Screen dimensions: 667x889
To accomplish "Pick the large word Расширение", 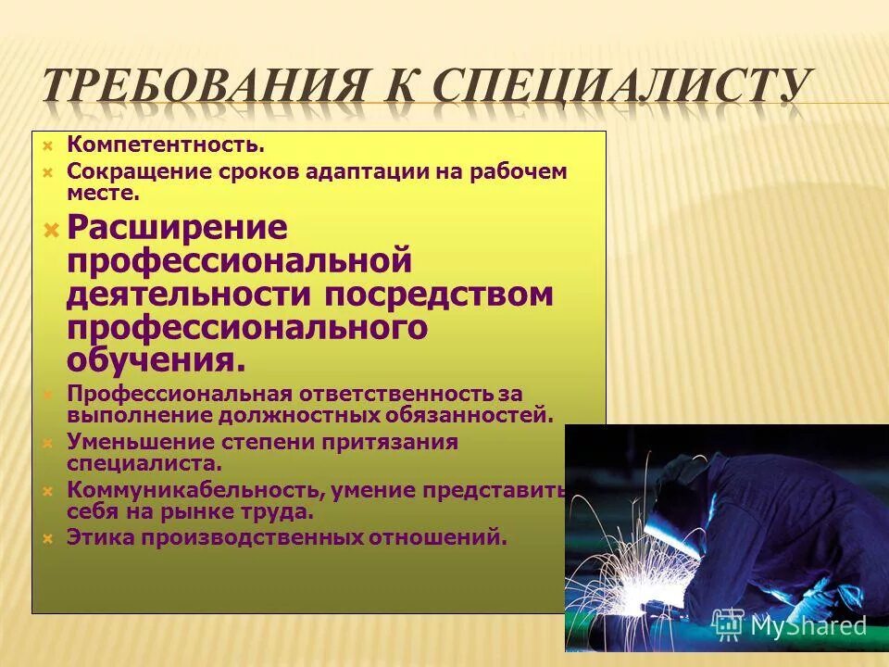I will pyautogui.click(x=177, y=228).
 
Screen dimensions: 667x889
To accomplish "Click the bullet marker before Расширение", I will pyautogui.click(x=52, y=229).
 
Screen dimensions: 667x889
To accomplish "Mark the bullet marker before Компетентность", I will pyautogui.click(x=47, y=145).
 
